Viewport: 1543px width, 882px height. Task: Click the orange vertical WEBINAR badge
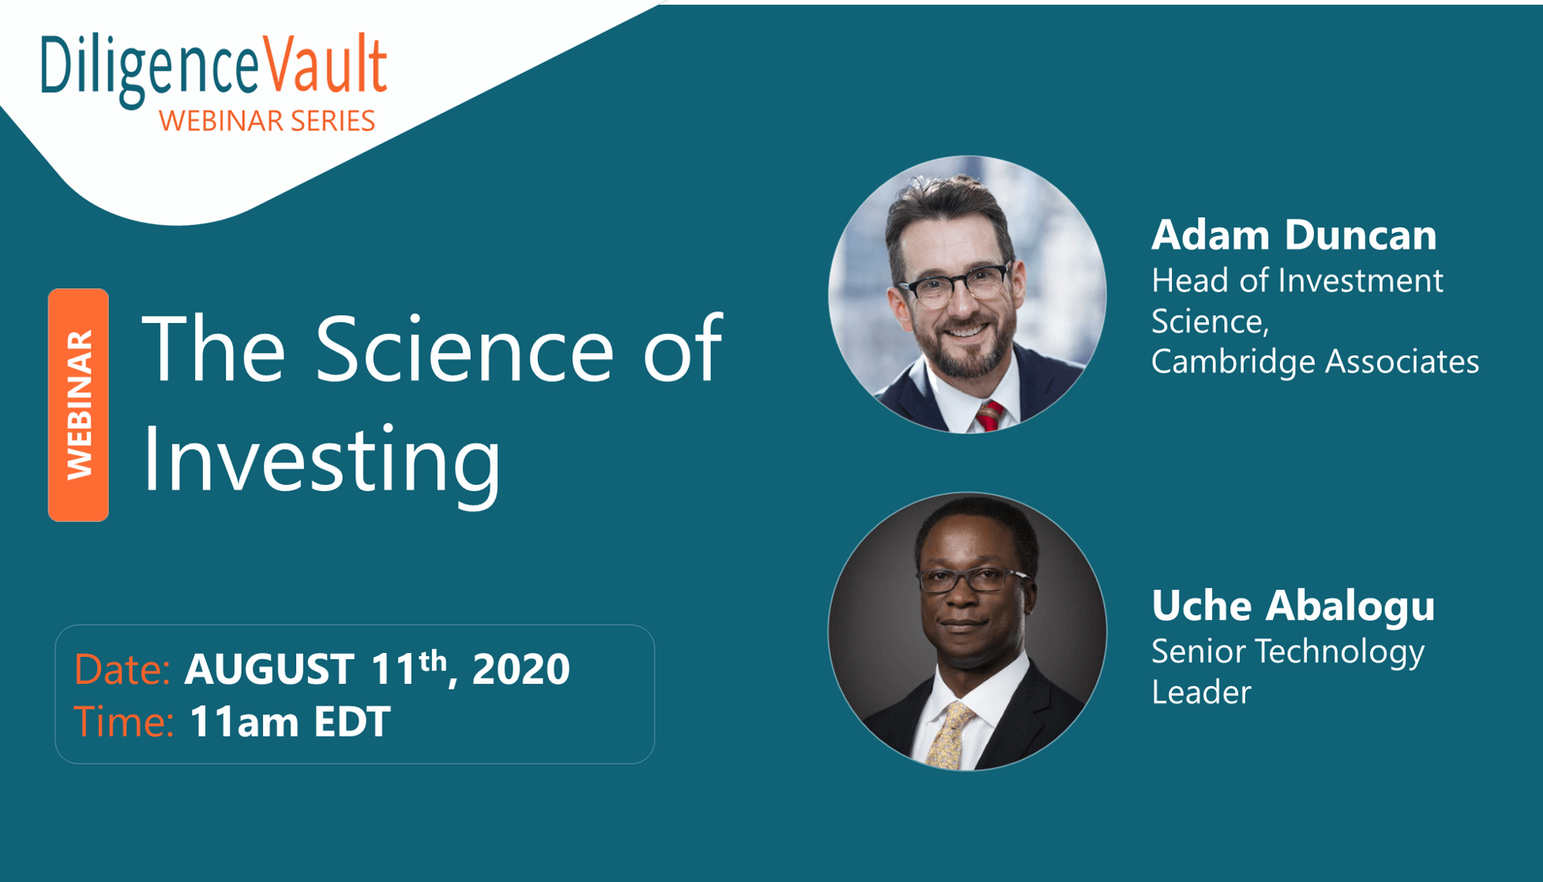pyautogui.click(x=78, y=404)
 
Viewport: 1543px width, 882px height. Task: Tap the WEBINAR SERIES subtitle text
pyautogui.click(x=267, y=121)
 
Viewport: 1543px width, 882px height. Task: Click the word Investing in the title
pyautogui.click(x=321, y=458)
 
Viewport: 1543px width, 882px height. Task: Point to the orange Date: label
pyautogui.click(x=122, y=669)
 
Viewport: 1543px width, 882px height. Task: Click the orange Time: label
pyautogui.click(x=124, y=722)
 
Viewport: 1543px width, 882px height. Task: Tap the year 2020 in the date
pyautogui.click(x=520, y=669)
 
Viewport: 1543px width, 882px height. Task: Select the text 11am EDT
pyautogui.click(x=290, y=722)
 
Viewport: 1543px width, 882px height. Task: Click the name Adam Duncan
pyautogui.click(x=1293, y=235)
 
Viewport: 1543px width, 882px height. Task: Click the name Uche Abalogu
pyautogui.click(x=1293, y=606)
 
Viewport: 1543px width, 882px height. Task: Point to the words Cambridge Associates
pyautogui.click(x=1315, y=362)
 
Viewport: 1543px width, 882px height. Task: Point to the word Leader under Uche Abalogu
pyautogui.click(x=1201, y=692)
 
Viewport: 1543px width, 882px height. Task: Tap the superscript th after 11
pyautogui.click(x=433, y=660)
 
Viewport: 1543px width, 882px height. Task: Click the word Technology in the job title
pyautogui.click(x=1339, y=652)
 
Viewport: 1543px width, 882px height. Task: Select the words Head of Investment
pyautogui.click(x=1297, y=281)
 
